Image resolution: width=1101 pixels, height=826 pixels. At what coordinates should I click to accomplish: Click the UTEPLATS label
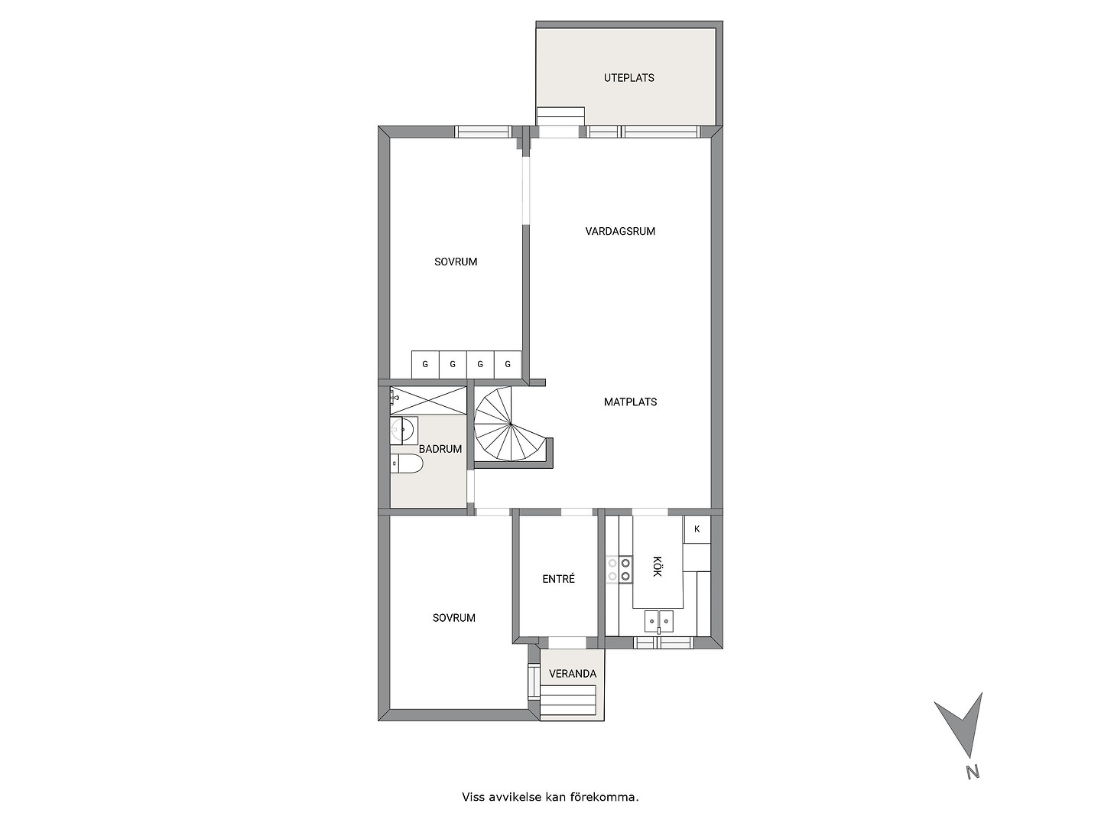point(628,78)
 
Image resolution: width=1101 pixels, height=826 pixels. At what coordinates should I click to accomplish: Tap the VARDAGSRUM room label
point(620,231)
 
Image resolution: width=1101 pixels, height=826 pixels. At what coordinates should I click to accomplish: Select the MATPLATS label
point(630,402)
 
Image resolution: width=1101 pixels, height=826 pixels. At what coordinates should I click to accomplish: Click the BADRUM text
point(440,449)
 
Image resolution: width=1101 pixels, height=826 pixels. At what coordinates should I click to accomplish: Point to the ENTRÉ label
point(558,579)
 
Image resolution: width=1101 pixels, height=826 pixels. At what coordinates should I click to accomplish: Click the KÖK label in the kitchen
point(657,566)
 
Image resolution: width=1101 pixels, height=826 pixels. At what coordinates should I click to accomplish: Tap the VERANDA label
point(573,674)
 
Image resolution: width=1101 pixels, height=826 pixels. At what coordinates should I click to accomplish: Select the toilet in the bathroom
point(406,464)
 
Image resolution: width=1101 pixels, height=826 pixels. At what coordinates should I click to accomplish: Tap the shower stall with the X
point(428,400)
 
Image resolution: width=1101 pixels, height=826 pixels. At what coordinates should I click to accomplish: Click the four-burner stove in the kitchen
point(619,570)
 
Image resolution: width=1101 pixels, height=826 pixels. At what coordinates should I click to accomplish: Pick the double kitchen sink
point(658,622)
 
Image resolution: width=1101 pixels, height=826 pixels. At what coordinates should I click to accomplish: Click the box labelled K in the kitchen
point(697,529)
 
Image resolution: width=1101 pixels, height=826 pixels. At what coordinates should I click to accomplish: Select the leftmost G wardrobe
point(425,365)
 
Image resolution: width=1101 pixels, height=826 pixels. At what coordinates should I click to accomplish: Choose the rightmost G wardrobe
point(508,365)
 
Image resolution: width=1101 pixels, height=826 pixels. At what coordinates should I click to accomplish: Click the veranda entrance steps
point(568,700)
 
